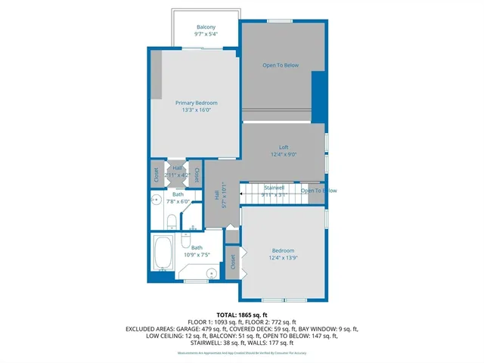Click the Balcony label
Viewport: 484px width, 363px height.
[x=206, y=27]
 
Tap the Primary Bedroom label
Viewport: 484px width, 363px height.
[x=196, y=103]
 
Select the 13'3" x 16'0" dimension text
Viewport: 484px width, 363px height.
[x=196, y=110]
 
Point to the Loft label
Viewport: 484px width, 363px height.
[x=283, y=147]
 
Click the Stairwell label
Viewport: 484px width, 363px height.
[x=273, y=187]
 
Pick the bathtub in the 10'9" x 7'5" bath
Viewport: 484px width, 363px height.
[x=163, y=253]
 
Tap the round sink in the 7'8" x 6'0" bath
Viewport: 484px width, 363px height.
[x=156, y=201]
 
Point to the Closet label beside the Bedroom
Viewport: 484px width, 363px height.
[x=232, y=262]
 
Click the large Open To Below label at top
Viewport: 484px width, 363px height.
[x=281, y=66]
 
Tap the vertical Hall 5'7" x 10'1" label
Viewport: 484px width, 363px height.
[x=217, y=198]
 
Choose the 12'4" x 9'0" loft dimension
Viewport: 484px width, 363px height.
[x=283, y=155]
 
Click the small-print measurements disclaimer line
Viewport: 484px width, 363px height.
[x=241, y=353]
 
